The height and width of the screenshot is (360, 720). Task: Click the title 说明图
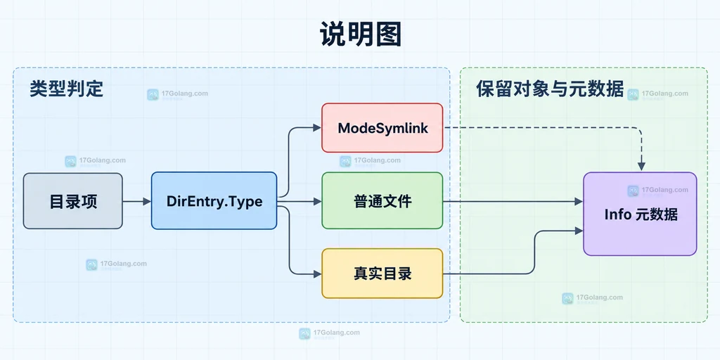(x=360, y=34)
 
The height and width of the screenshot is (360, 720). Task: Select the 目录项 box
(x=73, y=200)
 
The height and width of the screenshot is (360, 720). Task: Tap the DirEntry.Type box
(x=214, y=200)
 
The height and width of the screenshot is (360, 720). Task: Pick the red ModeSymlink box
(x=382, y=128)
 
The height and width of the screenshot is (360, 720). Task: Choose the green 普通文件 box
(x=382, y=200)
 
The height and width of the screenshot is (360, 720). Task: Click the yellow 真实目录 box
(x=382, y=274)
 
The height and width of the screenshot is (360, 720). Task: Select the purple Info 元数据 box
(x=640, y=214)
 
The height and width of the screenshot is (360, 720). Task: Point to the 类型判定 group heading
(x=67, y=89)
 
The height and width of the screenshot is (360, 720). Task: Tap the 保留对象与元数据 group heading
(x=550, y=89)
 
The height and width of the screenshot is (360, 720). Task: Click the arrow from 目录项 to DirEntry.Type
(x=137, y=201)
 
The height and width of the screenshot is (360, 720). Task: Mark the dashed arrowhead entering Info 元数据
(x=641, y=166)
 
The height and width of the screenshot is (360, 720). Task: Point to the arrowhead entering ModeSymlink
(x=316, y=128)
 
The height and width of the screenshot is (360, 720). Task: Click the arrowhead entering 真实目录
(x=316, y=274)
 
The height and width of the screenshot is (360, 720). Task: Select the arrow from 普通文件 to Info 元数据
(x=513, y=201)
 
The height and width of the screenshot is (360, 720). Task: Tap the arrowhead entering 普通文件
(x=316, y=201)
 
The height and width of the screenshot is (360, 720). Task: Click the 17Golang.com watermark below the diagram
(x=329, y=333)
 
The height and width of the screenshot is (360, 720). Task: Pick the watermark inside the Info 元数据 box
(x=657, y=191)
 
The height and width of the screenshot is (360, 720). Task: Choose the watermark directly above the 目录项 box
(x=95, y=161)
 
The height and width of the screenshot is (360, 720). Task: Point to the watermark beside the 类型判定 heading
(x=177, y=94)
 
